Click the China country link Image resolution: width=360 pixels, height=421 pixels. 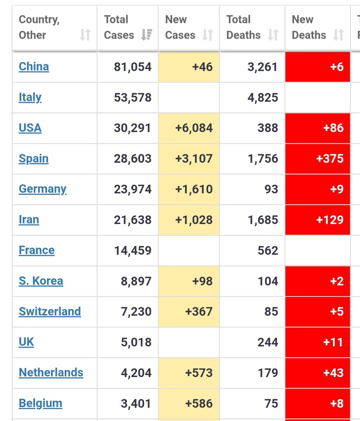pyautogui.click(x=34, y=67)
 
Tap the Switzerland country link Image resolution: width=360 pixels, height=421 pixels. pyautogui.click(x=50, y=312)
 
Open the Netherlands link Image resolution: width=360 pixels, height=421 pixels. pyautogui.click(x=51, y=372)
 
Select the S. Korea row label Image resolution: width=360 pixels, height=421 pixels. pyautogui.click(x=41, y=281)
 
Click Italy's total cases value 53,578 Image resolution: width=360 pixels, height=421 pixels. pyautogui.click(x=133, y=97)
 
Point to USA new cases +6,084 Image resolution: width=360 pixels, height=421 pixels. pyautogui.click(x=194, y=128)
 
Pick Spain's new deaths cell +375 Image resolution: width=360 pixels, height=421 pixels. pyautogui.click(x=330, y=159)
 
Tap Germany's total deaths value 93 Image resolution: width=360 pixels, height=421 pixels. pyautogui.click(x=271, y=189)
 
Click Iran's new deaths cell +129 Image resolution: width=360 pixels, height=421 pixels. pyautogui.click(x=330, y=220)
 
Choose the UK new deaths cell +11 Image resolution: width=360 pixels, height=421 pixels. pyautogui.click(x=333, y=342)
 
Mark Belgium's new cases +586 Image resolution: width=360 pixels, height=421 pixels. pyautogui.click(x=199, y=403)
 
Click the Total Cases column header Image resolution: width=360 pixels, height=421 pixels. pyautogui.click(x=119, y=28)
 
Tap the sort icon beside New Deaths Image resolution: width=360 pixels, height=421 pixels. pyautogui.click(x=338, y=35)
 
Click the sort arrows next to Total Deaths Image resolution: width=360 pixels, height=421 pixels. pyautogui.click(x=273, y=35)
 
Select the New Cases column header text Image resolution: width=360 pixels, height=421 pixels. pyautogui.click(x=180, y=28)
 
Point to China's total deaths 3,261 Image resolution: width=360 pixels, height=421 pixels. pyautogui.click(x=262, y=67)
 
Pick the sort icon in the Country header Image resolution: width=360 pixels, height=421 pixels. pyautogui.click(x=85, y=35)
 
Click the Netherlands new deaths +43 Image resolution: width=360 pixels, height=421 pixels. pyautogui.click(x=333, y=372)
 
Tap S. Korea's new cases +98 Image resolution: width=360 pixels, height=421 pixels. pyautogui.click(x=202, y=281)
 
